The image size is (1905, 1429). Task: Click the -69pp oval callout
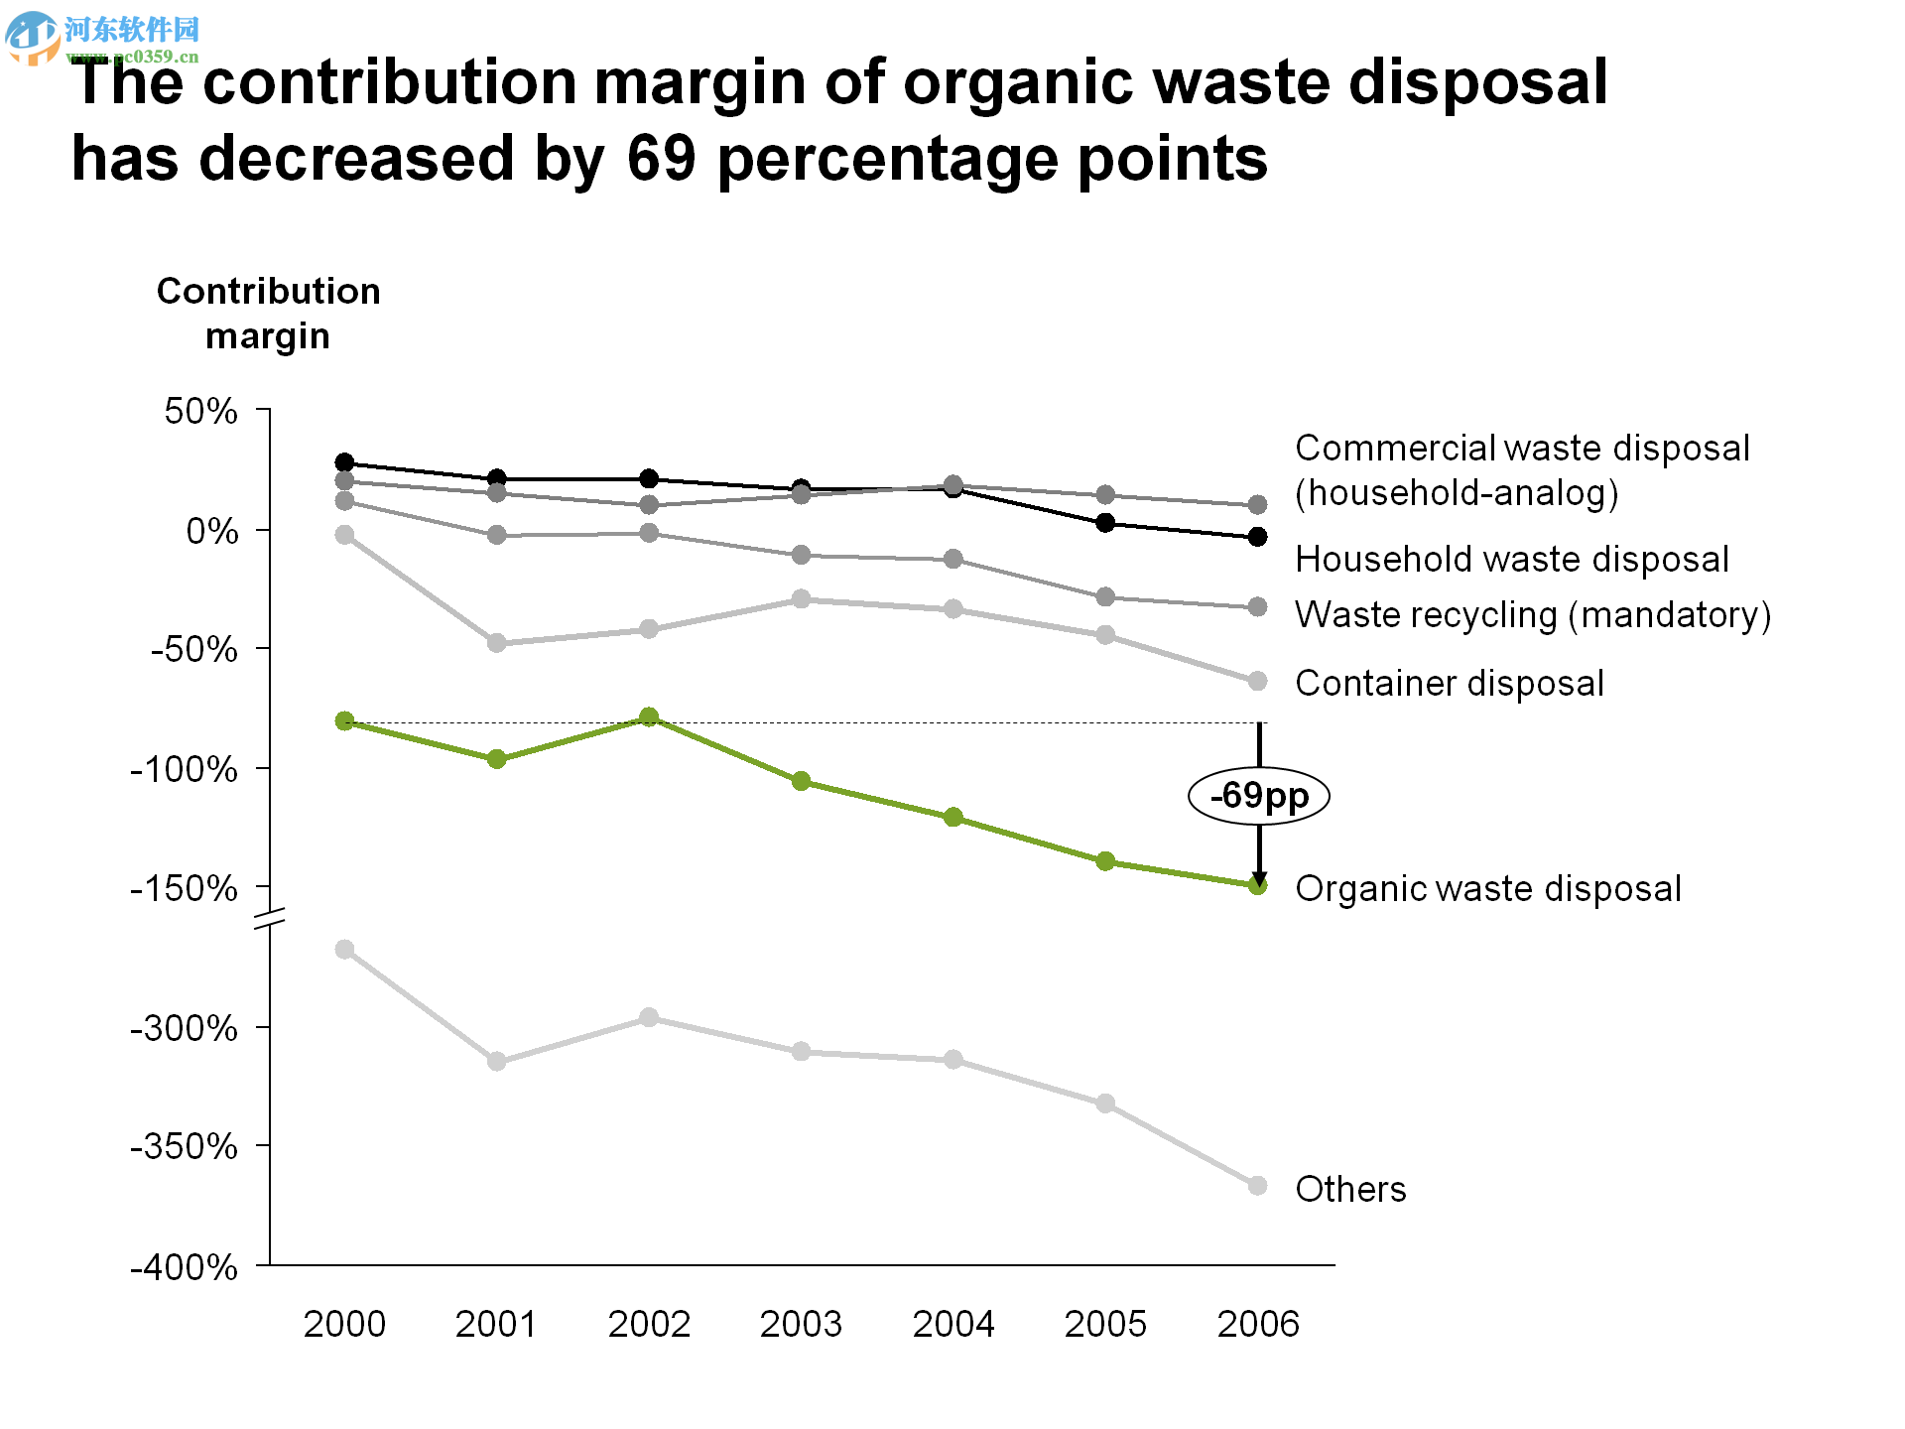tap(1258, 796)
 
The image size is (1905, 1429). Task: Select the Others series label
tap(1350, 1189)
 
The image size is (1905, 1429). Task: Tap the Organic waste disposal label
tap(1487, 888)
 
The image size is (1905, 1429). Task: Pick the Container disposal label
tap(1449, 683)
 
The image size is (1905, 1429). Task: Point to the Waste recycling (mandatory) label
tap(1532, 615)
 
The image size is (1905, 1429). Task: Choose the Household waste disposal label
tap(1511, 559)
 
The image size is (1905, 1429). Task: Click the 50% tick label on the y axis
tap(201, 411)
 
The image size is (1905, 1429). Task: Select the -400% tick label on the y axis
tap(185, 1267)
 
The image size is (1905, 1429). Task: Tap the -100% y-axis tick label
tap(185, 769)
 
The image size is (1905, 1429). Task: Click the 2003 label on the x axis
tap(801, 1324)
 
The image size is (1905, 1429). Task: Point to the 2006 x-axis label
tap(1258, 1324)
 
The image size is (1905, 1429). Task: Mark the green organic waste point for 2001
tap(497, 759)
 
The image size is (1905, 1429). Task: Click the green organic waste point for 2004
tap(953, 817)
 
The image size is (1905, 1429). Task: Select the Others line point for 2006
tap(1257, 1186)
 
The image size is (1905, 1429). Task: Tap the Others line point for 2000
tap(344, 950)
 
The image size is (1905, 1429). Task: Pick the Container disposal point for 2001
tap(497, 643)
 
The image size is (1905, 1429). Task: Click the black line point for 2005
tap(1105, 523)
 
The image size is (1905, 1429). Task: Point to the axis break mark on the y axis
tap(269, 918)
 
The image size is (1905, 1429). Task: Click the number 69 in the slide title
tap(661, 159)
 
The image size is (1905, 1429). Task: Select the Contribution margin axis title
tap(268, 314)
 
